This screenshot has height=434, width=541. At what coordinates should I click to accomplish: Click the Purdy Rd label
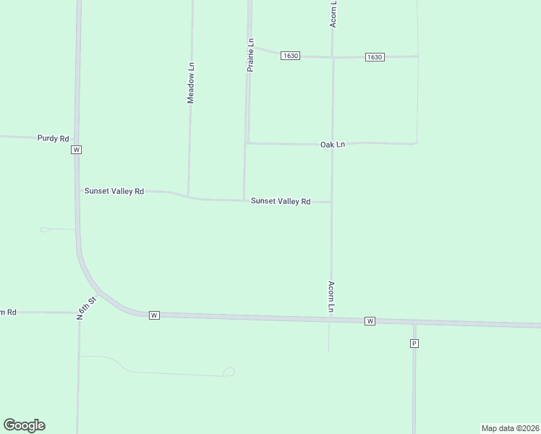pos(53,137)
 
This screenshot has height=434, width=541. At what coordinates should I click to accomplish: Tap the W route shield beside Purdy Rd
pos(76,150)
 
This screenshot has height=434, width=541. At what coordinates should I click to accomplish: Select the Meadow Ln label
pos(191,82)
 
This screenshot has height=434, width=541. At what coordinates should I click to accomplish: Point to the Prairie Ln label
pos(250,55)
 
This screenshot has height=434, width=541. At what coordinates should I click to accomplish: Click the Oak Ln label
pos(333,145)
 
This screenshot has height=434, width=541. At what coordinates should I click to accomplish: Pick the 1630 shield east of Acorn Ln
pos(374,56)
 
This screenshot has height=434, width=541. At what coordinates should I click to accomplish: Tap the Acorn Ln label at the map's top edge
pos(333,13)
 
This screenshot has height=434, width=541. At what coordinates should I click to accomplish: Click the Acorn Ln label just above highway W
pos(331,297)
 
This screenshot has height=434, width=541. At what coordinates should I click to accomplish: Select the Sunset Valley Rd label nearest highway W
pos(114,191)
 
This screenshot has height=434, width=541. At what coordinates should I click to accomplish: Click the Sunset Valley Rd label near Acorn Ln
pos(281,201)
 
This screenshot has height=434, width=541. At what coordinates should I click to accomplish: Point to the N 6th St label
pos(85,308)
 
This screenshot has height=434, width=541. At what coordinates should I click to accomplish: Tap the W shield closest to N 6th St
pos(153,315)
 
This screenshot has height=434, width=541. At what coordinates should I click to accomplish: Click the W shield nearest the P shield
pos(370,320)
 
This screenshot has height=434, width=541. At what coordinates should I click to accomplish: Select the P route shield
pos(414,344)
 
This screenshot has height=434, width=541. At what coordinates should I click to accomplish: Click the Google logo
pos(24,425)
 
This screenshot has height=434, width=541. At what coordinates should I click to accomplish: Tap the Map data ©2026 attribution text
pos(510,428)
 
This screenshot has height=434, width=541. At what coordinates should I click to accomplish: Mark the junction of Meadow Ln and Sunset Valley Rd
pos(188,196)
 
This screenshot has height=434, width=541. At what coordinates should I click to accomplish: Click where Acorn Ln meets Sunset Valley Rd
pos(331,202)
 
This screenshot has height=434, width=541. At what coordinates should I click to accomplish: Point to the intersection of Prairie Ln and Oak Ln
pos(247,143)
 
